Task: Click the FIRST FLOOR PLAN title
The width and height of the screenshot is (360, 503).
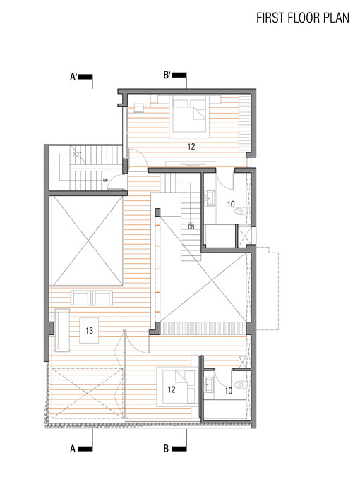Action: (x=303, y=18)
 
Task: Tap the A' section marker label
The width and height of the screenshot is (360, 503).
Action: (x=74, y=77)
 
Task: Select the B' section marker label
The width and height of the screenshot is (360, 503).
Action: (x=167, y=75)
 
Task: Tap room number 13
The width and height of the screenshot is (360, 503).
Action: (x=89, y=330)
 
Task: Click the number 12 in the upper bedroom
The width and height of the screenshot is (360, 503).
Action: (x=191, y=147)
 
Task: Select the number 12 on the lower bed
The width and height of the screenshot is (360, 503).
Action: (x=172, y=389)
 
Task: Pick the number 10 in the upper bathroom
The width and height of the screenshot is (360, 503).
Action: (x=231, y=205)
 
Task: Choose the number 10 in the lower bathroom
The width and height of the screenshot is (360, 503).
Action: (x=228, y=391)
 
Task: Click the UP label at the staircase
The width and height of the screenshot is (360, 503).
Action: (x=105, y=181)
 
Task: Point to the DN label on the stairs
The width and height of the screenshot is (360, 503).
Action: (x=191, y=226)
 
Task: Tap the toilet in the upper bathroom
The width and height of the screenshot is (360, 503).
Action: (x=241, y=211)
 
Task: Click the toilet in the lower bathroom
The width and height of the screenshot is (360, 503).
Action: (x=241, y=384)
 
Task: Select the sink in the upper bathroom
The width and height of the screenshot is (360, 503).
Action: (x=210, y=198)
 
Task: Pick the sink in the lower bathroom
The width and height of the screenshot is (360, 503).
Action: (x=209, y=384)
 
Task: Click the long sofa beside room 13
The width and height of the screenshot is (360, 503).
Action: (x=62, y=330)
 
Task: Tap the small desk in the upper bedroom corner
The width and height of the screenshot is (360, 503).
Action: (x=139, y=108)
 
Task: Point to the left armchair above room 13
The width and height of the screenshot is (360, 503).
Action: (x=80, y=298)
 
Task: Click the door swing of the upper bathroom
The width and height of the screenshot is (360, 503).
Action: (x=224, y=181)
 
